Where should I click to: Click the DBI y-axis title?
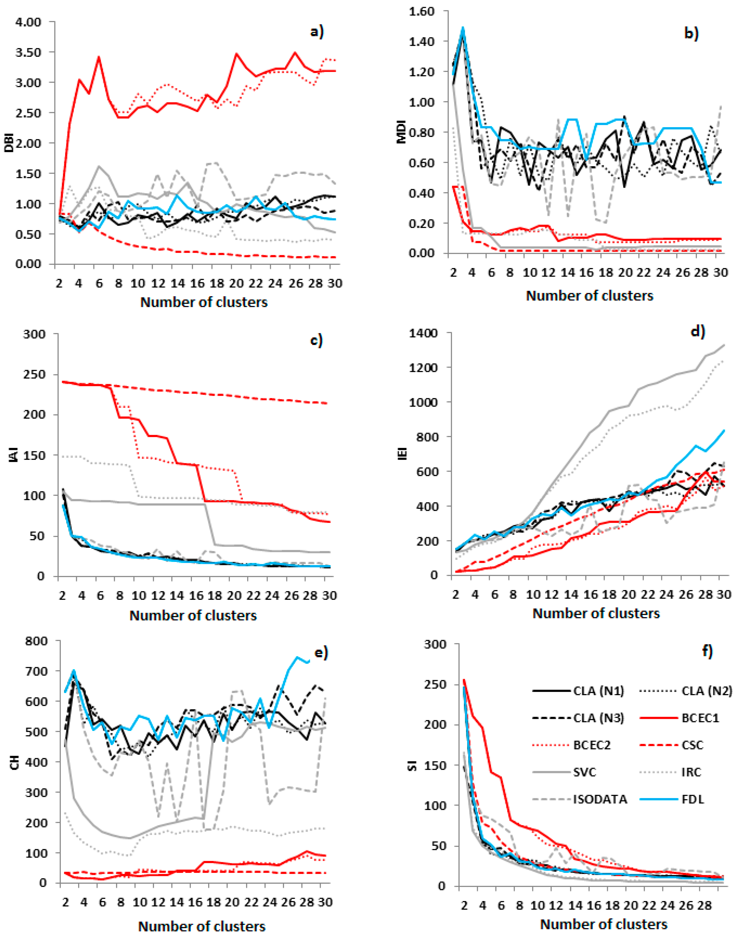pos(9,143)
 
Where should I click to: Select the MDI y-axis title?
pos(402,132)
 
